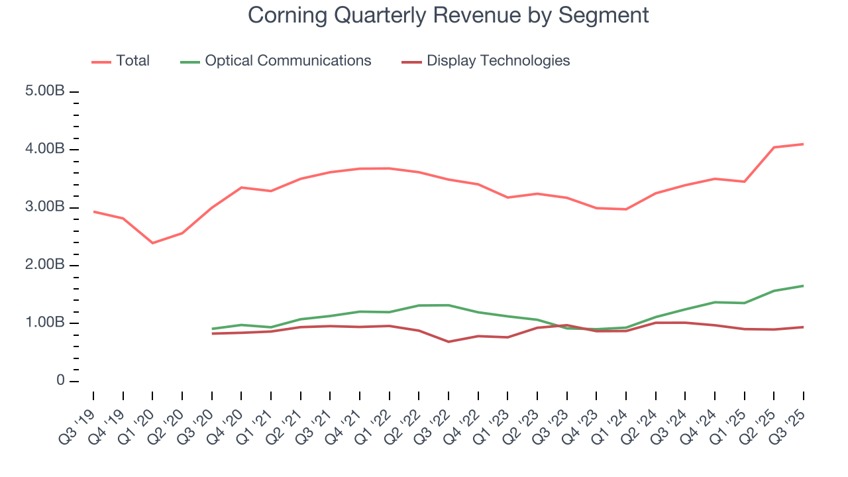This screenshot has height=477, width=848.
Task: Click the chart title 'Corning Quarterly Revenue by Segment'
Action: point(449,15)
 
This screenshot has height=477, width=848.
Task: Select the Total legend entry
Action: point(132,61)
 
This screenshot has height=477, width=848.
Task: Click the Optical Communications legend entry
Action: point(288,61)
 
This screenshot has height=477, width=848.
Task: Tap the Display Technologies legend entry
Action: point(498,61)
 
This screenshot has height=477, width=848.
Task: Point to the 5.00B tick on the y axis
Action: point(45,91)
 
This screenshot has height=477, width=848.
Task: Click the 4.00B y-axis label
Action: point(45,149)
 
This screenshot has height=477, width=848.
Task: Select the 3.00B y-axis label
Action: point(45,207)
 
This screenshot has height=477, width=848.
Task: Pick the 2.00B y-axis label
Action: point(45,265)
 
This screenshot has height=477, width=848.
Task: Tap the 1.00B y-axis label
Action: point(45,323)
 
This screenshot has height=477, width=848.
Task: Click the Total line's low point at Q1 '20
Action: point(152,243)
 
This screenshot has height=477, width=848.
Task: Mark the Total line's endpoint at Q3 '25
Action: point(804,144)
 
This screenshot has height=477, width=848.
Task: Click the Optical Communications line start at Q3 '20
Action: point(212,329)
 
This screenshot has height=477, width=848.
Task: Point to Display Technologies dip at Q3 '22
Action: point(449,342)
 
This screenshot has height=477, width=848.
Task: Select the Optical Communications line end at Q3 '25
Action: point(804,286)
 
